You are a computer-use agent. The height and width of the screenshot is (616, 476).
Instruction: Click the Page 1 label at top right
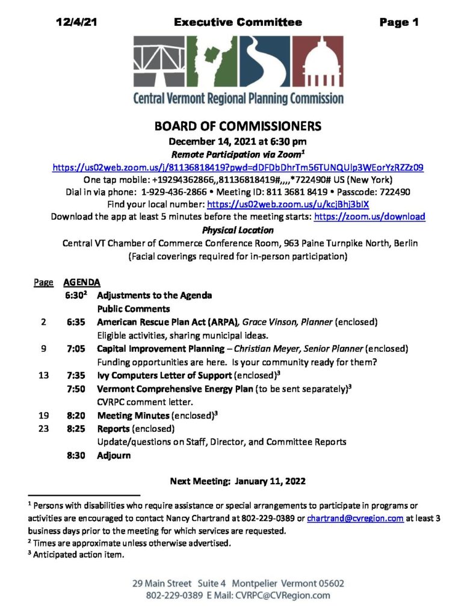(398, 23)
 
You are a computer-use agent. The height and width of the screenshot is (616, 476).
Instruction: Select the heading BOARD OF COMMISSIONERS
(238, 126)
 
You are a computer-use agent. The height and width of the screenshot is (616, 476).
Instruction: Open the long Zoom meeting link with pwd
(238, 168)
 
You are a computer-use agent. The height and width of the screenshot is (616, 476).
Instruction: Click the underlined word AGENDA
(82, 282)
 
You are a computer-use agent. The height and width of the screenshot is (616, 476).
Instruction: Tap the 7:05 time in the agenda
(76, 349)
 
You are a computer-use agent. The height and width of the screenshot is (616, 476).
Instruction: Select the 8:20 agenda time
(76, 415)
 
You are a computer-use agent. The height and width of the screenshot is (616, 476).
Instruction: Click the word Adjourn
(114, 455)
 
